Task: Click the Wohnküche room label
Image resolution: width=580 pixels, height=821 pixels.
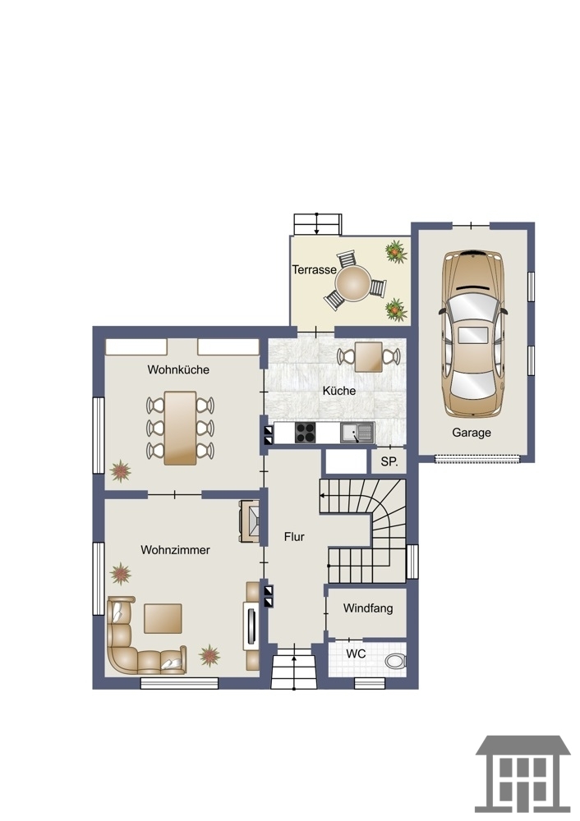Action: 178,369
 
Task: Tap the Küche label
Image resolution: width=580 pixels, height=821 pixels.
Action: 339,391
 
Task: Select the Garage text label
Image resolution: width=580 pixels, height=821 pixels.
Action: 472,433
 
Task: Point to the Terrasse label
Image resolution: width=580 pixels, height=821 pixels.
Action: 314,269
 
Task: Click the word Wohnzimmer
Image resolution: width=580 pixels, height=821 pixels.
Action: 175,550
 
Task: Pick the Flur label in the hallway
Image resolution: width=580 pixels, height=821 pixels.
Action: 294,537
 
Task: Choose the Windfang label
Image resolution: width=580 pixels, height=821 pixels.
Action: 368,608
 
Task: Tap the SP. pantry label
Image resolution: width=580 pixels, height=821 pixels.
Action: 389,461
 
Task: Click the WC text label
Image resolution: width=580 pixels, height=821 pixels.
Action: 356,654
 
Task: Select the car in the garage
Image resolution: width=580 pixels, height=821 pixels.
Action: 474,333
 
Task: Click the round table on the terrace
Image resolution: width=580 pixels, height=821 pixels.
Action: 353,283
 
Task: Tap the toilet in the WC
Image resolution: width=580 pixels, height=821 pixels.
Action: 396,661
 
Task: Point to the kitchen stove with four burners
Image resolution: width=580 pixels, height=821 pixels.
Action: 305,433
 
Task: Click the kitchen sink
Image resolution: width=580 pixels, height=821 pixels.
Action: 357,433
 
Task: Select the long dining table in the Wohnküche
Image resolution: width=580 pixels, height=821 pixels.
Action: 180,428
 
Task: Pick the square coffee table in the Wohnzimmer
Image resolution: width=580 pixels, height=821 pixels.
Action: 163,618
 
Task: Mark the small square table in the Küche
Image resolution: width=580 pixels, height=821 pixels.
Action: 368,356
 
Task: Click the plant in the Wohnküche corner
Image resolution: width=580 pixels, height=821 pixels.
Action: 121,470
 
